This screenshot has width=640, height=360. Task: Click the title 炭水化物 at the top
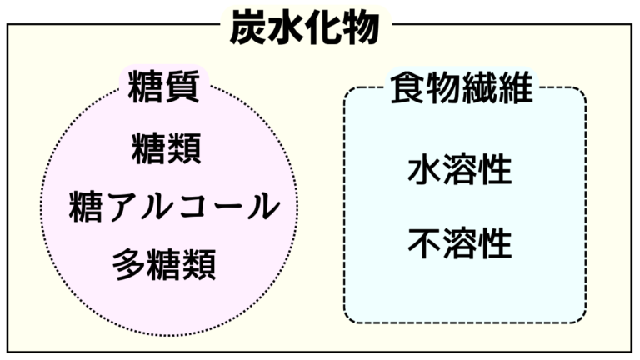click(305, 27)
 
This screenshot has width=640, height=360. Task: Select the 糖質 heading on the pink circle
click(163, 87)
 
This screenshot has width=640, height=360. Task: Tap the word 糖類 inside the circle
click(166, 148)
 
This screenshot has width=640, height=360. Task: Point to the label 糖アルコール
click(174, 207)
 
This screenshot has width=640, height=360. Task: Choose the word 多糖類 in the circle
click(164, 264)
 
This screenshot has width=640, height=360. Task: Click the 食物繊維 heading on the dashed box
click(462, 87)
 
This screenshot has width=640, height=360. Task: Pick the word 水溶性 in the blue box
click(460, 169)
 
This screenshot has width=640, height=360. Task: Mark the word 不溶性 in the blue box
click(460, 243)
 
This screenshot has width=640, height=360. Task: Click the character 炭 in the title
click(247, 27)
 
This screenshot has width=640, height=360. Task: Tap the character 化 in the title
click(323, 27)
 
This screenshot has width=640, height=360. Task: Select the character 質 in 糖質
click(182, 87)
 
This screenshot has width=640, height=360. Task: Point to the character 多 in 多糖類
click(128, 264)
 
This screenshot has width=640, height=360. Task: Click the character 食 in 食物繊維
click(407, 87)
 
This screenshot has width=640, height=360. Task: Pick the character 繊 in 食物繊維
click(480, 87)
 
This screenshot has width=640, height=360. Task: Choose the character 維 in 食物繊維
click(516, 87)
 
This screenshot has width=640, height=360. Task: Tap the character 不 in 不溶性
click(424, 243)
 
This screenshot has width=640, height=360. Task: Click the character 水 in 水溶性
click(424, 169)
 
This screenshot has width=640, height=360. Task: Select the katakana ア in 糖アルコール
click(120, 207)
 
